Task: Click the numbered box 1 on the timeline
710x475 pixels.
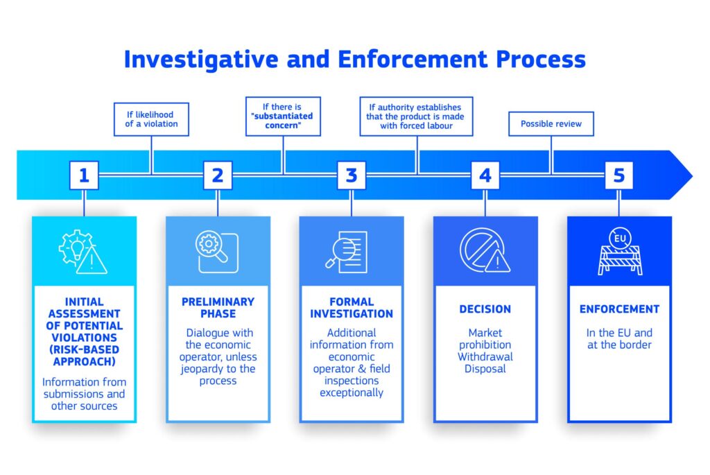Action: pos(84,175)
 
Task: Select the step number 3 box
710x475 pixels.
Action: pos(352,175)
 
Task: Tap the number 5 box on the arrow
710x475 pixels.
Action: pos(619,175)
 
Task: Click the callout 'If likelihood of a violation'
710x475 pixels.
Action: pos(151,119)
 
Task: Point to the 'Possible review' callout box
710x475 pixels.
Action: pos(551,123)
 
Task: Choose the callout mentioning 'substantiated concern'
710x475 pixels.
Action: pos(283,116)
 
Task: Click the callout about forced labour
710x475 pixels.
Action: pos(416,116)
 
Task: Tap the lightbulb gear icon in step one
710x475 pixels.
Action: pos(83,252)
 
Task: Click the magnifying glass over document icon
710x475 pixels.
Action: pos(347,252)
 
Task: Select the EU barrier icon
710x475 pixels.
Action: pos(620,251)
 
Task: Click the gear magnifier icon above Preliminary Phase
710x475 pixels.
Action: pos(217,252)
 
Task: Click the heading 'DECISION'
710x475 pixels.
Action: pos(485,309)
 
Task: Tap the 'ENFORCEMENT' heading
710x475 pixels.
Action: pos(619,309)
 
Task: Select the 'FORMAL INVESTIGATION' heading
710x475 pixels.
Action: pos(352,308)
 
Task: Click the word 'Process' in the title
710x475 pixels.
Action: pos(541,60)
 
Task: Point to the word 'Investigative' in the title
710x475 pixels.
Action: pos(201,60)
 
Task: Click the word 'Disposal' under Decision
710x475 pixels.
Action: pos(485,369)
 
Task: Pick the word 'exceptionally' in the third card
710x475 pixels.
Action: pos(352,392)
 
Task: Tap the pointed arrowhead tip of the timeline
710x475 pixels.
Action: pos(693,175)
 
